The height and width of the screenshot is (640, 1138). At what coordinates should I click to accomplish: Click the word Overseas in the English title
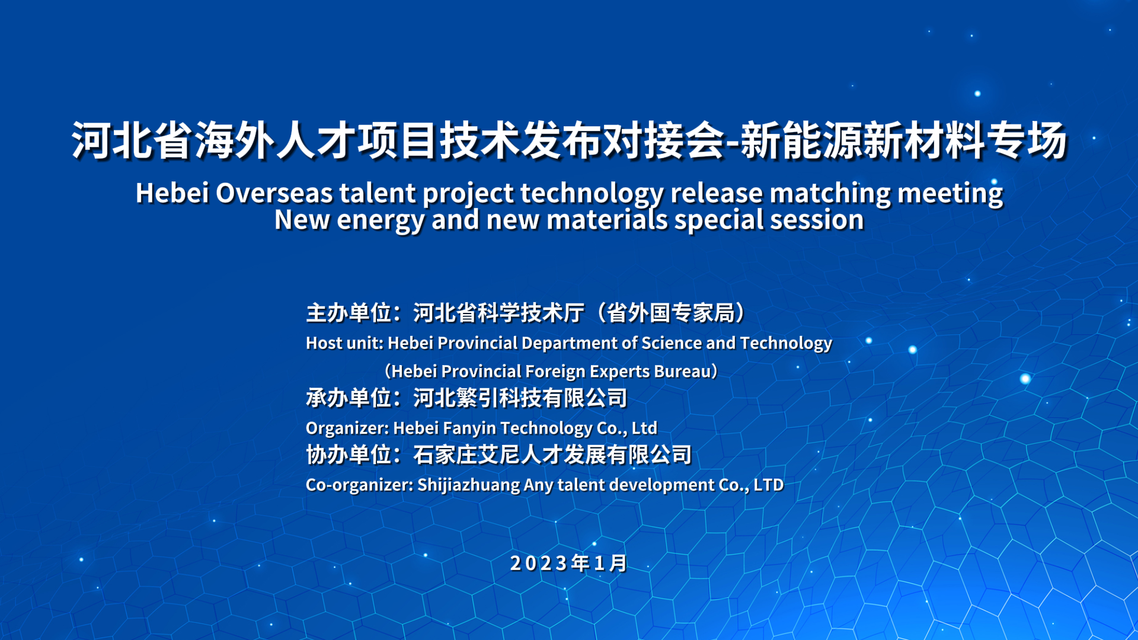click(x=275, y=193)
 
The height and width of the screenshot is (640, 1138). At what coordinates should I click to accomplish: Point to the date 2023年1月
click(x=568, y=563)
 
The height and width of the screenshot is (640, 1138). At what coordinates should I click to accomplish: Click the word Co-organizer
click(x=359, y=485)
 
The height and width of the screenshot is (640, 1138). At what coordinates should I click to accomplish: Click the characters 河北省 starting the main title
click(x=132, y=141)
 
